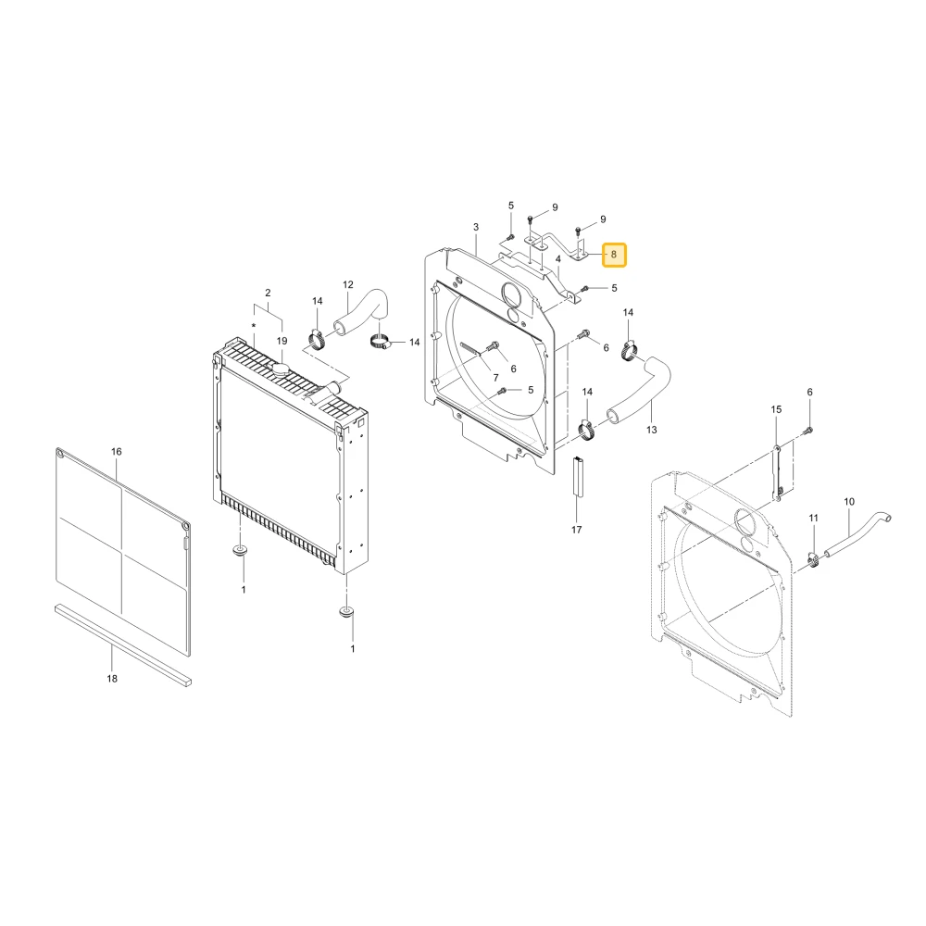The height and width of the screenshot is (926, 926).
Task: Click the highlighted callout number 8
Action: point(614,255)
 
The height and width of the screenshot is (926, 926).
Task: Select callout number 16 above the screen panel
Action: point(117,452)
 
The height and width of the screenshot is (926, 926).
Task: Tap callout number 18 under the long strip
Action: point(112,679)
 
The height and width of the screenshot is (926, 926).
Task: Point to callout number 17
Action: point(576,530)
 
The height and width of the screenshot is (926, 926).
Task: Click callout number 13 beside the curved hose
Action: point(651,430)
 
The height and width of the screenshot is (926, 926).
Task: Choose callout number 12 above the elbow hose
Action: point(348,284)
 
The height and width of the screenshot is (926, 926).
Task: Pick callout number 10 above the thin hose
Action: point(849,502)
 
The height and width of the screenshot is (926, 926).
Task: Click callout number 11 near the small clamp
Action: point(813,518)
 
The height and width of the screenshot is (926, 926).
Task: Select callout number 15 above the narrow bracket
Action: point(776,409)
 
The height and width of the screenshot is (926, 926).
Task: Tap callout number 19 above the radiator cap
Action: point(282,341)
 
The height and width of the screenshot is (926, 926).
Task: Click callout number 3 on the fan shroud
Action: point(476,227)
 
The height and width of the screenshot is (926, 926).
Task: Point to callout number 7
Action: point(496,378)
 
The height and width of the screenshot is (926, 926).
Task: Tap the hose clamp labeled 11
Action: point(813,559)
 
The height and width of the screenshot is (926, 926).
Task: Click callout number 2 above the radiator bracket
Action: point(268,293)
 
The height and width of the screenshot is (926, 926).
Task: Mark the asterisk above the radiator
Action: point(254,326)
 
